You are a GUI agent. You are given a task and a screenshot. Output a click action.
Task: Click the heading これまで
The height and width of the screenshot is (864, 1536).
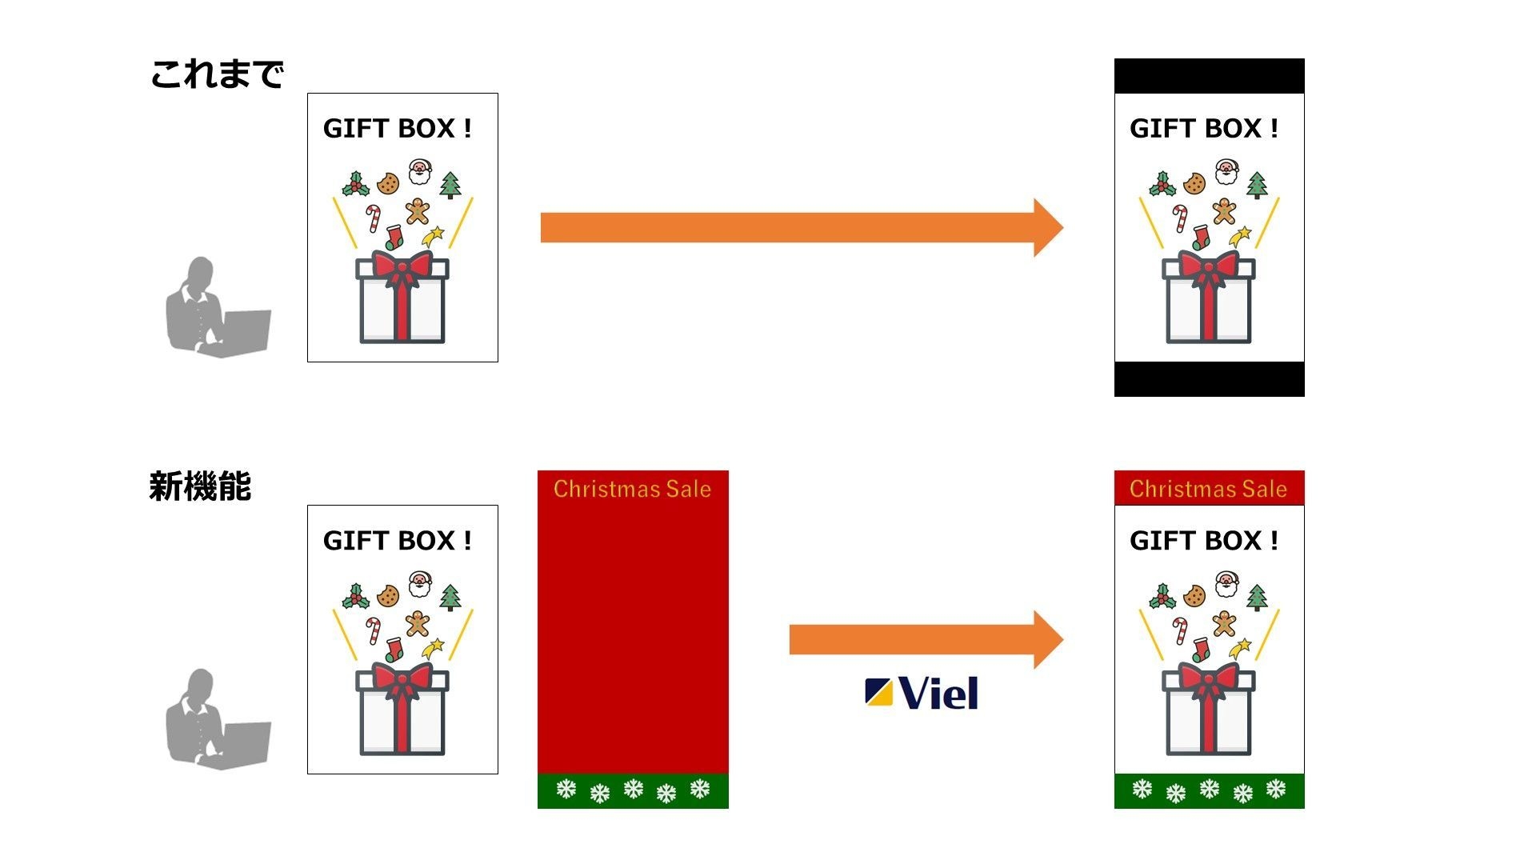coord(216,74)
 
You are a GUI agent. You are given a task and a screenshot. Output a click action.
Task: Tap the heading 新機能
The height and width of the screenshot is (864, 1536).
coord(200,486)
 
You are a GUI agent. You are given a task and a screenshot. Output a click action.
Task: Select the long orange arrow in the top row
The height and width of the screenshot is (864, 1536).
coord(800,228)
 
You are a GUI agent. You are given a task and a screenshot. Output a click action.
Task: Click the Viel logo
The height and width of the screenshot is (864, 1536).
coord(922,693)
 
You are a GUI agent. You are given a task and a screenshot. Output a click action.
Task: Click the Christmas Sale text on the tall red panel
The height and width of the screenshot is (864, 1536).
coord(632,489)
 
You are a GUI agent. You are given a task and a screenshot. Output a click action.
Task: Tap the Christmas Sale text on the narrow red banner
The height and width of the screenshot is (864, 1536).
coord(1208,489)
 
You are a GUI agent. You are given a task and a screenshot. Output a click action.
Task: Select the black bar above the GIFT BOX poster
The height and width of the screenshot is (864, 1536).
coord(1209,76)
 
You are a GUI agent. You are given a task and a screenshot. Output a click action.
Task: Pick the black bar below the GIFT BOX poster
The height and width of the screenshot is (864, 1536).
coord(1209,378)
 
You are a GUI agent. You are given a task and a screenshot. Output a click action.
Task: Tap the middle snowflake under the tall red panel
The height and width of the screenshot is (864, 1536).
coord(633,790)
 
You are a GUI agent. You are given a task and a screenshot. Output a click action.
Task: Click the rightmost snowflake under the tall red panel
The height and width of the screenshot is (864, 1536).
coord(700,790)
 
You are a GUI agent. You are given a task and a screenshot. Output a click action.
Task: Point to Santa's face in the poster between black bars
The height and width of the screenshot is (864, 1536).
coord(1226,171)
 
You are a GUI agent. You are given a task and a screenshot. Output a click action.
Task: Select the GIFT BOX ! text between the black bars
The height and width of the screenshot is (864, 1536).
coord(1203,128)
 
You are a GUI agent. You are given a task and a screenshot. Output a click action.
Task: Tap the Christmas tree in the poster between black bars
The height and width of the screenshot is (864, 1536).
coord(1257,186)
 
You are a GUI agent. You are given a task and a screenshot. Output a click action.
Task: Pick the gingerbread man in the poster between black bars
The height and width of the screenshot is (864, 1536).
coord(1224,211)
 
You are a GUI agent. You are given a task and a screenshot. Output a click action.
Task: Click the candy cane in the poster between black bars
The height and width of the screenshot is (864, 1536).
coord(1180,218)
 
